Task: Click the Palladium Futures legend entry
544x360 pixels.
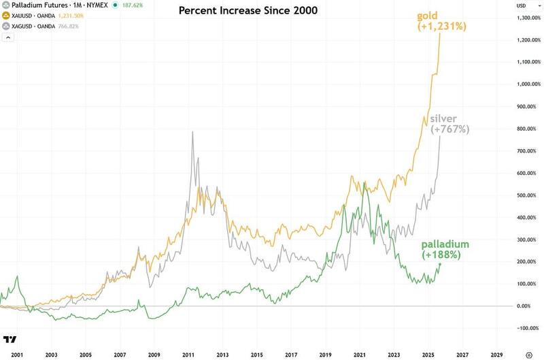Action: [54, 5]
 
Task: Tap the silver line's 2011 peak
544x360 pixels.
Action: [192, 131]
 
